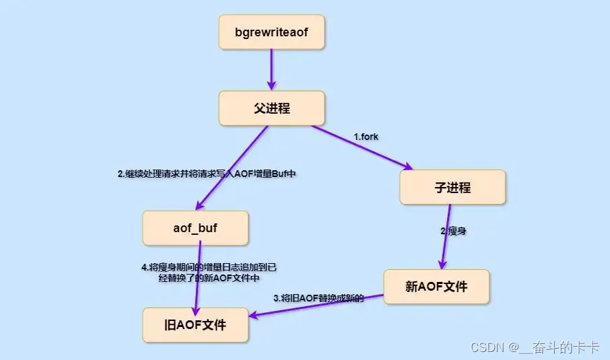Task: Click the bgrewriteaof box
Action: point(271,32)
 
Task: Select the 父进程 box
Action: point(271,108)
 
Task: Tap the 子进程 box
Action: point(452,187)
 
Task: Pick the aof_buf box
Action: point(195,228)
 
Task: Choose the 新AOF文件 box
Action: point(436,287)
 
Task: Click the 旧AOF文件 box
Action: point(195,325)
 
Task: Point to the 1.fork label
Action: point(366,137)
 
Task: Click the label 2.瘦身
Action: point(454,231)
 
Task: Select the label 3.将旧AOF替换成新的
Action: point(318,297)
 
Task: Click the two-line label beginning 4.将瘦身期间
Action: point(209,272)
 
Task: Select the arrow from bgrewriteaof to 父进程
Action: point(271,70)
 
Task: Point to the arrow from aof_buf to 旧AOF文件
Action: point(197,276)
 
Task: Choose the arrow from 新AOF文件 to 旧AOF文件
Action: point(316,305)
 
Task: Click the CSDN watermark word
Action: point(487,347)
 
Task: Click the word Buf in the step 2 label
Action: point(280,173)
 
